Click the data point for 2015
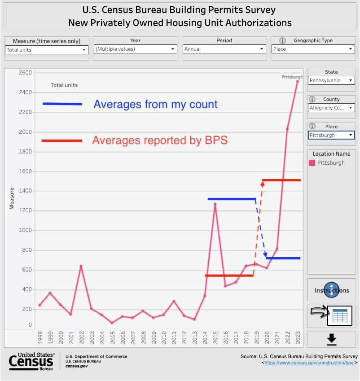[x=215, y=204]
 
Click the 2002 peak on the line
[x=81, y=266]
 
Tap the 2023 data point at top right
[x=297, y=81]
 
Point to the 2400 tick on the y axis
[x=26, y=92]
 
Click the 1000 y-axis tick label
[x=26, y=230]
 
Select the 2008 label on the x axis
[x=143, y=338]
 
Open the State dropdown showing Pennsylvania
[x=331, y=81]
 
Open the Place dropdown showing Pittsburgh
[x=331, y=135]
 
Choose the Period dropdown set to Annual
[x=224, y=49]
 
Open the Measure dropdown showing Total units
[x=47, y=50]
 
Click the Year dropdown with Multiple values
[x=136, y=49]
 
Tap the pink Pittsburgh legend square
[x=312, y=163]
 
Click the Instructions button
[x=331, y=290]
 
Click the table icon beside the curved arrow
[x=340, y=316]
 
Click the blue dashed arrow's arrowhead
[x=265, y=254]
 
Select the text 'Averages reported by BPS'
[x=160, y=140]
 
